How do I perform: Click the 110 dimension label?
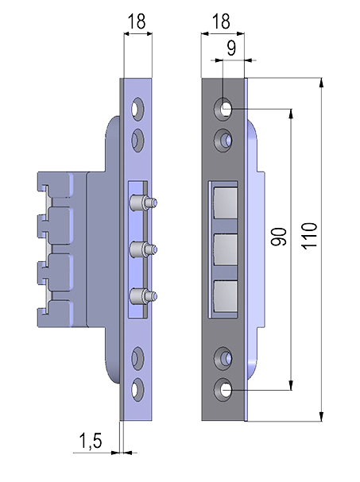309,236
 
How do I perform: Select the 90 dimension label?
279,237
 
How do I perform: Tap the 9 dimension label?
231,48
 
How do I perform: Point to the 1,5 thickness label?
91,441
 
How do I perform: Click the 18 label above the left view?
136,21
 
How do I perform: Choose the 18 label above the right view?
221,21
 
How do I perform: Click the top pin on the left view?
143,202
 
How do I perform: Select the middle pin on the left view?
143,249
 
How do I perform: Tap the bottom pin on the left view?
143,296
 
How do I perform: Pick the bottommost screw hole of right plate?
223,390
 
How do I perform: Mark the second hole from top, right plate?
223,141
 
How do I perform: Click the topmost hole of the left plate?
137,109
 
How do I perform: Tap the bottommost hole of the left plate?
137,390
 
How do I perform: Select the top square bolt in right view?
225,202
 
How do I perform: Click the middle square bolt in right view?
225,250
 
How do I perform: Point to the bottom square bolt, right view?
225,296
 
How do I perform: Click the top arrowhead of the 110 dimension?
321,83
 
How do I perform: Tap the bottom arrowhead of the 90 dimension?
291,385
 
